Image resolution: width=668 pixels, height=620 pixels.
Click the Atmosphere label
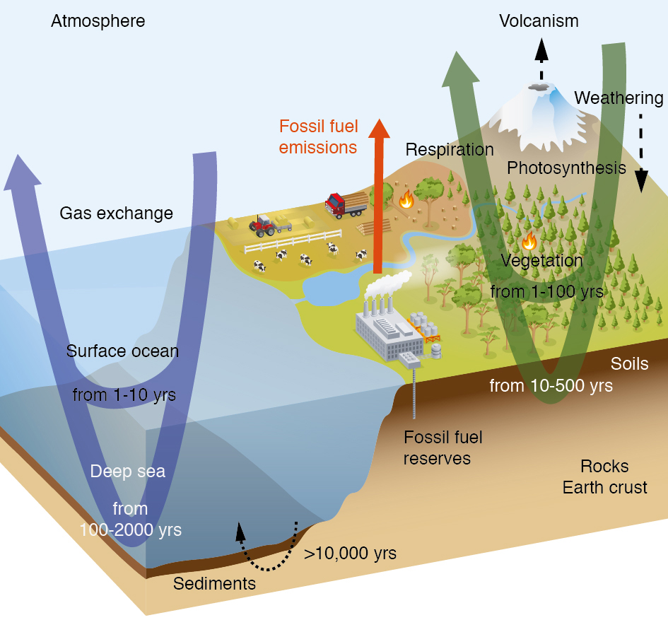98,21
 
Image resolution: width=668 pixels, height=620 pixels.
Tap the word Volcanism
539,21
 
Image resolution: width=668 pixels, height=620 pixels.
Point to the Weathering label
619,98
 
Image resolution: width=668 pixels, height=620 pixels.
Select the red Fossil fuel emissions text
318,136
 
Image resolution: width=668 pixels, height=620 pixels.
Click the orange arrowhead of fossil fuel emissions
379,129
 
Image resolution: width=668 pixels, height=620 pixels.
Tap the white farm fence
293,241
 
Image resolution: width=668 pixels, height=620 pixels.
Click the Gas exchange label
117,214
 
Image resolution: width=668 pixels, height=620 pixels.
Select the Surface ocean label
122,351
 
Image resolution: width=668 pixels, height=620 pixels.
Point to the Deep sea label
128,472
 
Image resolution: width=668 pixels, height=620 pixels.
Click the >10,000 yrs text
350,553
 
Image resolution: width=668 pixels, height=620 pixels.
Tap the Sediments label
214,584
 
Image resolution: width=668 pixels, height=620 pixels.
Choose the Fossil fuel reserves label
443,448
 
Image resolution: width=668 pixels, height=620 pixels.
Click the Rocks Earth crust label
604,476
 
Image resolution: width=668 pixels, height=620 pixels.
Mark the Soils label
629,364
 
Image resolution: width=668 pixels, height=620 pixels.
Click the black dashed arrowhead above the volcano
541,49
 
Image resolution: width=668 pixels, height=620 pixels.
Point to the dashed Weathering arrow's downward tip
641,192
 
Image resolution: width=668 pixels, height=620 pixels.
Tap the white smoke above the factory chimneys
387,283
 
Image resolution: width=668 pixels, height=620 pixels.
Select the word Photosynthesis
566,168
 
